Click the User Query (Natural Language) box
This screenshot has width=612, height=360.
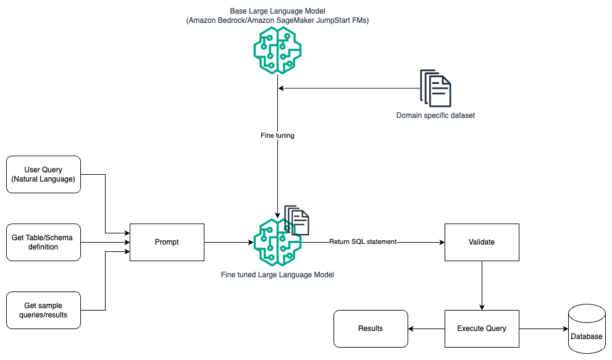43,174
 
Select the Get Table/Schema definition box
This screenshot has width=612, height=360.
43,242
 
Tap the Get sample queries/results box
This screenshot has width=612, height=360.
43,310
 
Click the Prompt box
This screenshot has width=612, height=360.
167,242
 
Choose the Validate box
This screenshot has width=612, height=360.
482,242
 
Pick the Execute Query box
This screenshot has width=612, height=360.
482,329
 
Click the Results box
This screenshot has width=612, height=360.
371,329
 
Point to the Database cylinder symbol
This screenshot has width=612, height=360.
586,329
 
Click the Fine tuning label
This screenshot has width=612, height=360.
277,135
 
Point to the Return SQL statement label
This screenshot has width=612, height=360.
362,242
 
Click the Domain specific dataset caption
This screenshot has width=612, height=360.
435,115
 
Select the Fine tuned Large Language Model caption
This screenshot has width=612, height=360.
277,274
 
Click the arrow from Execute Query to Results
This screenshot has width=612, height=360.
426,329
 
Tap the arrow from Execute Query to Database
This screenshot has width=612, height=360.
543,329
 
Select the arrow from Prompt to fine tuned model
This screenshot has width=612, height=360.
228,242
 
